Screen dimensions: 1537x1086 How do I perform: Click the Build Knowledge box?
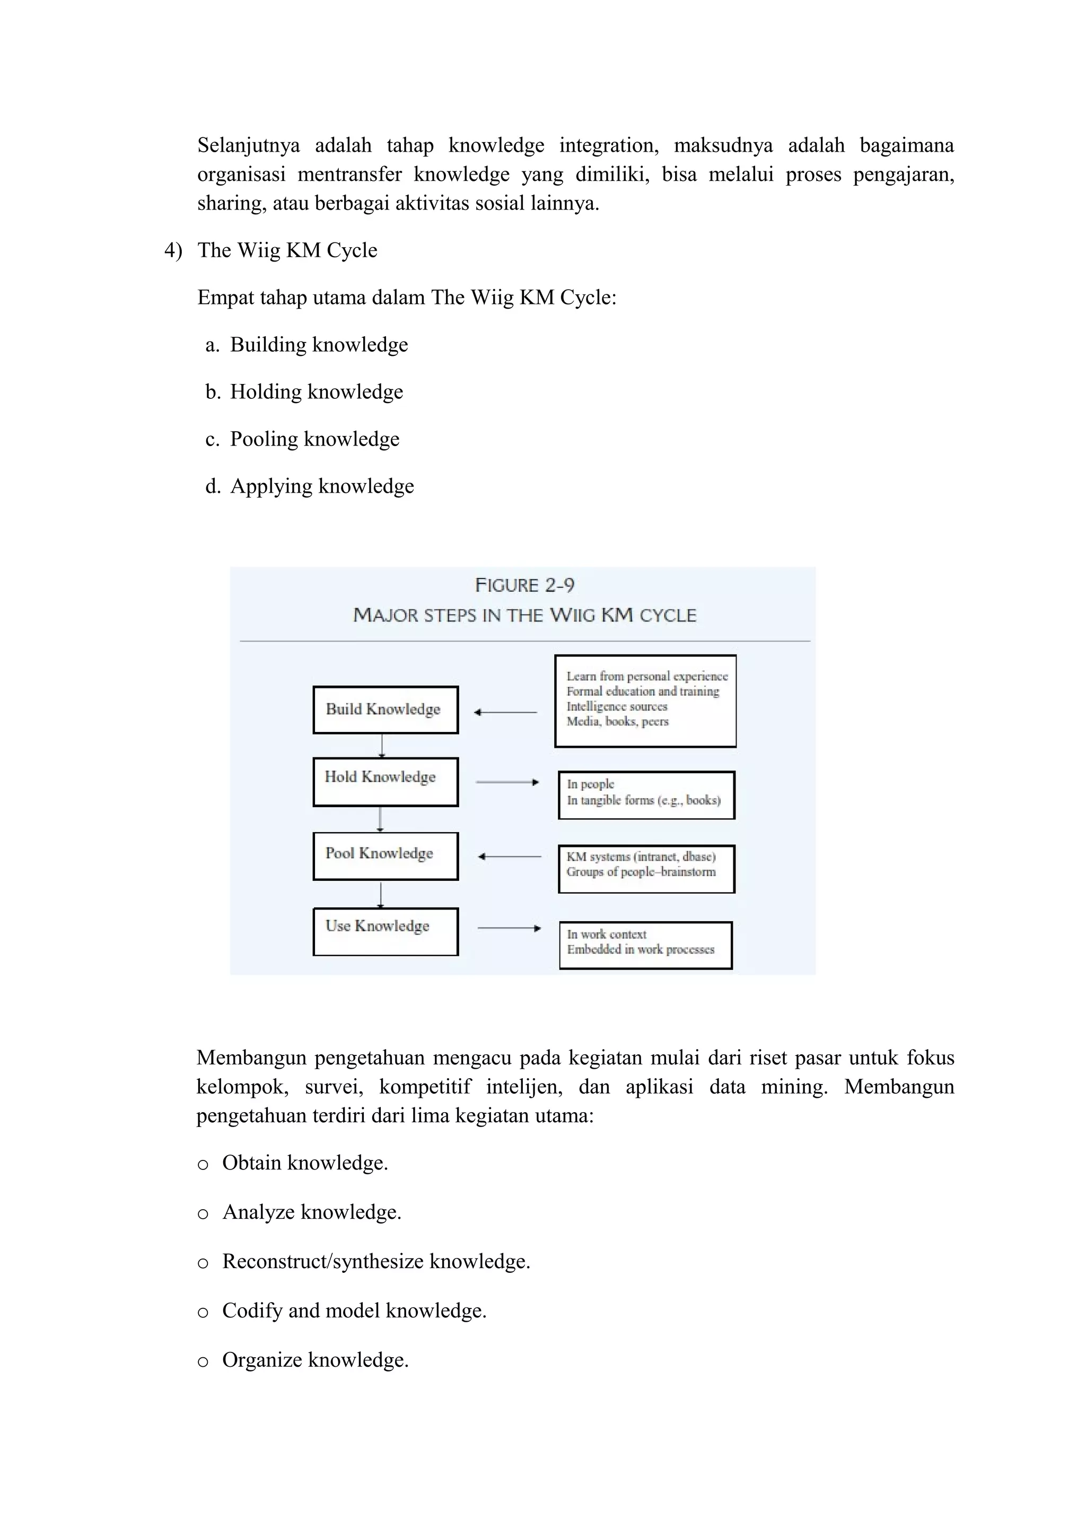click(x=386, y=710)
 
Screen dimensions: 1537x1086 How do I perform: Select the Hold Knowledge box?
click(x=386, y=781)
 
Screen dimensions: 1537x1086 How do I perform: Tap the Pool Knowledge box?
click(x=386, y=855)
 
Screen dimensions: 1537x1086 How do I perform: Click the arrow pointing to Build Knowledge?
click(x=505, y=712)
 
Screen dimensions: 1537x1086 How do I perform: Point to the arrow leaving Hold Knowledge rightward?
click(x=507, y=782)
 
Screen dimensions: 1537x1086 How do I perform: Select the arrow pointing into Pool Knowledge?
click(x=510, y=856)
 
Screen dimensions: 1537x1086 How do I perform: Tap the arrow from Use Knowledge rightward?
click(x=509, y=928)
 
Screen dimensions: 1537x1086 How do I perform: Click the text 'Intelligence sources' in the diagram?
click(x=617, y=706)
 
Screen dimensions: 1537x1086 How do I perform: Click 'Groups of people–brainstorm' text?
click(x=641, y=871)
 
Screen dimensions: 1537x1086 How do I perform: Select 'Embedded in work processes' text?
click(x=641, y=949)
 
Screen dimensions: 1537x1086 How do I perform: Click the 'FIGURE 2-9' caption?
click(x=524, y=585)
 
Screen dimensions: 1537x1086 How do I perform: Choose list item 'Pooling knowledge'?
click(x=314, y=439)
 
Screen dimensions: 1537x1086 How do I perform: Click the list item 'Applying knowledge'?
click(x=322, y=486)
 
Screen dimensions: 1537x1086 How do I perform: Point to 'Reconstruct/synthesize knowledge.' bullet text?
click(x=376, y=1261)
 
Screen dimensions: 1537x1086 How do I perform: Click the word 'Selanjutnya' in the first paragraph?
click(x=248, y=145)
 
